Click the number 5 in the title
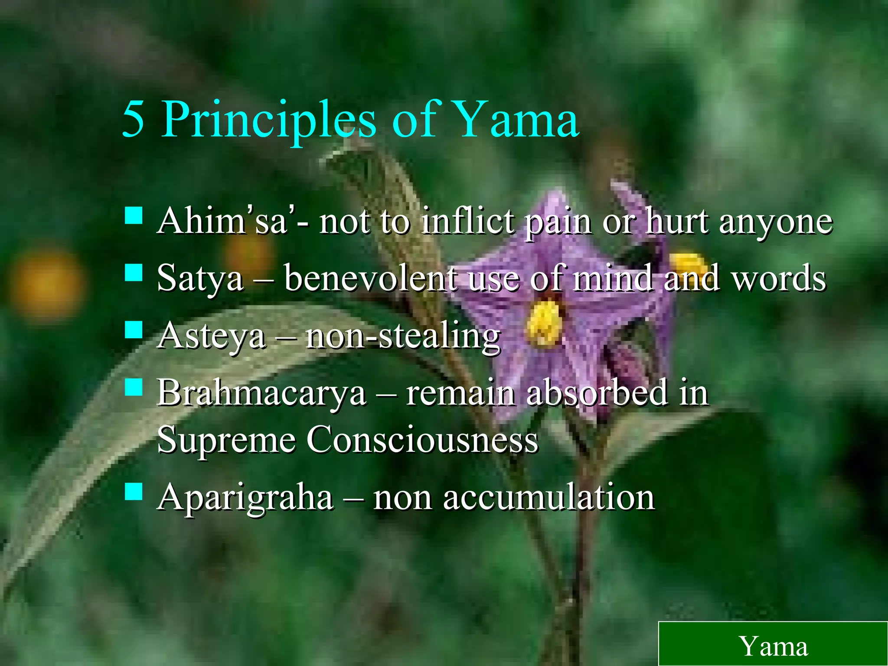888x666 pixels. tap(133, 119)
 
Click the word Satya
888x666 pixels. tap(200, 279)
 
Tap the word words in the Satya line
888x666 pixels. tap(779, 278)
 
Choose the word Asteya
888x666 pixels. tap(211, 336)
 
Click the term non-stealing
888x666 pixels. tap(403, 336)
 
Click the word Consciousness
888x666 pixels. tap(422, 440)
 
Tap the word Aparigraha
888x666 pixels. tap(245, 498)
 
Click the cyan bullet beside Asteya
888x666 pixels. tap(133, 330)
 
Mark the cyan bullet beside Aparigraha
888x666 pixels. tap(133, 492)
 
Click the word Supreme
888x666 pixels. tap(226, 440)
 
